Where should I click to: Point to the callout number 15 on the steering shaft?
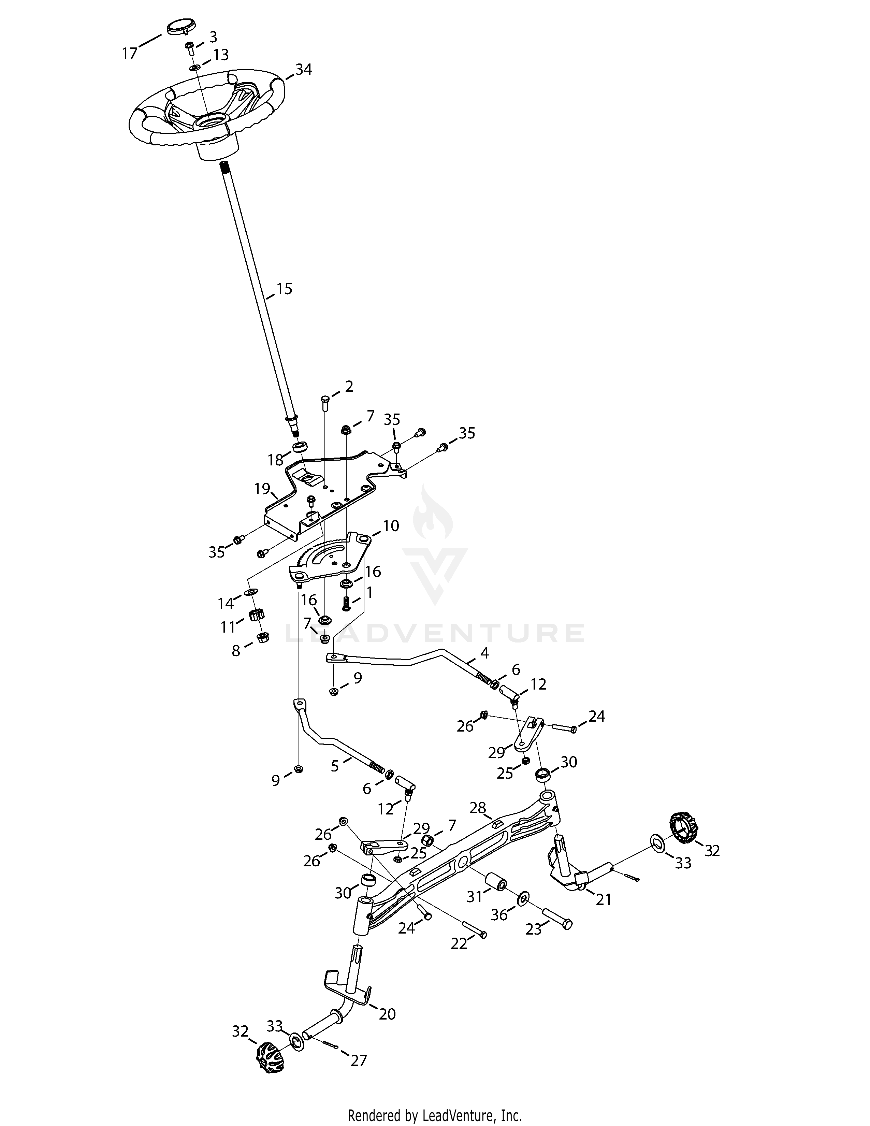tap(284, 289)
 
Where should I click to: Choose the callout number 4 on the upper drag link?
tap(484, 653)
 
